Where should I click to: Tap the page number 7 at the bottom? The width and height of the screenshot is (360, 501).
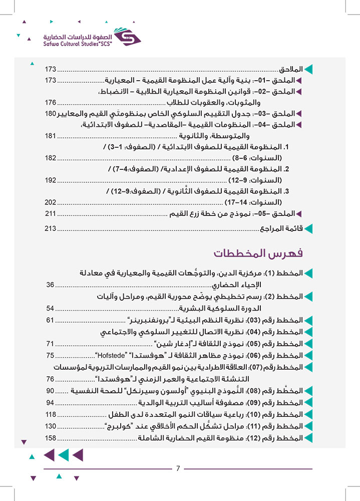click(178, 468)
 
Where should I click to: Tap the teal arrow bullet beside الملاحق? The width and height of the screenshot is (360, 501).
click(308, 68)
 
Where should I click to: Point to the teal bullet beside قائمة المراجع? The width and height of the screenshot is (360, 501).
click(308, 229)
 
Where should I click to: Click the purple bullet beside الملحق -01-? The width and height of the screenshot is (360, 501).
click(299, 81)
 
